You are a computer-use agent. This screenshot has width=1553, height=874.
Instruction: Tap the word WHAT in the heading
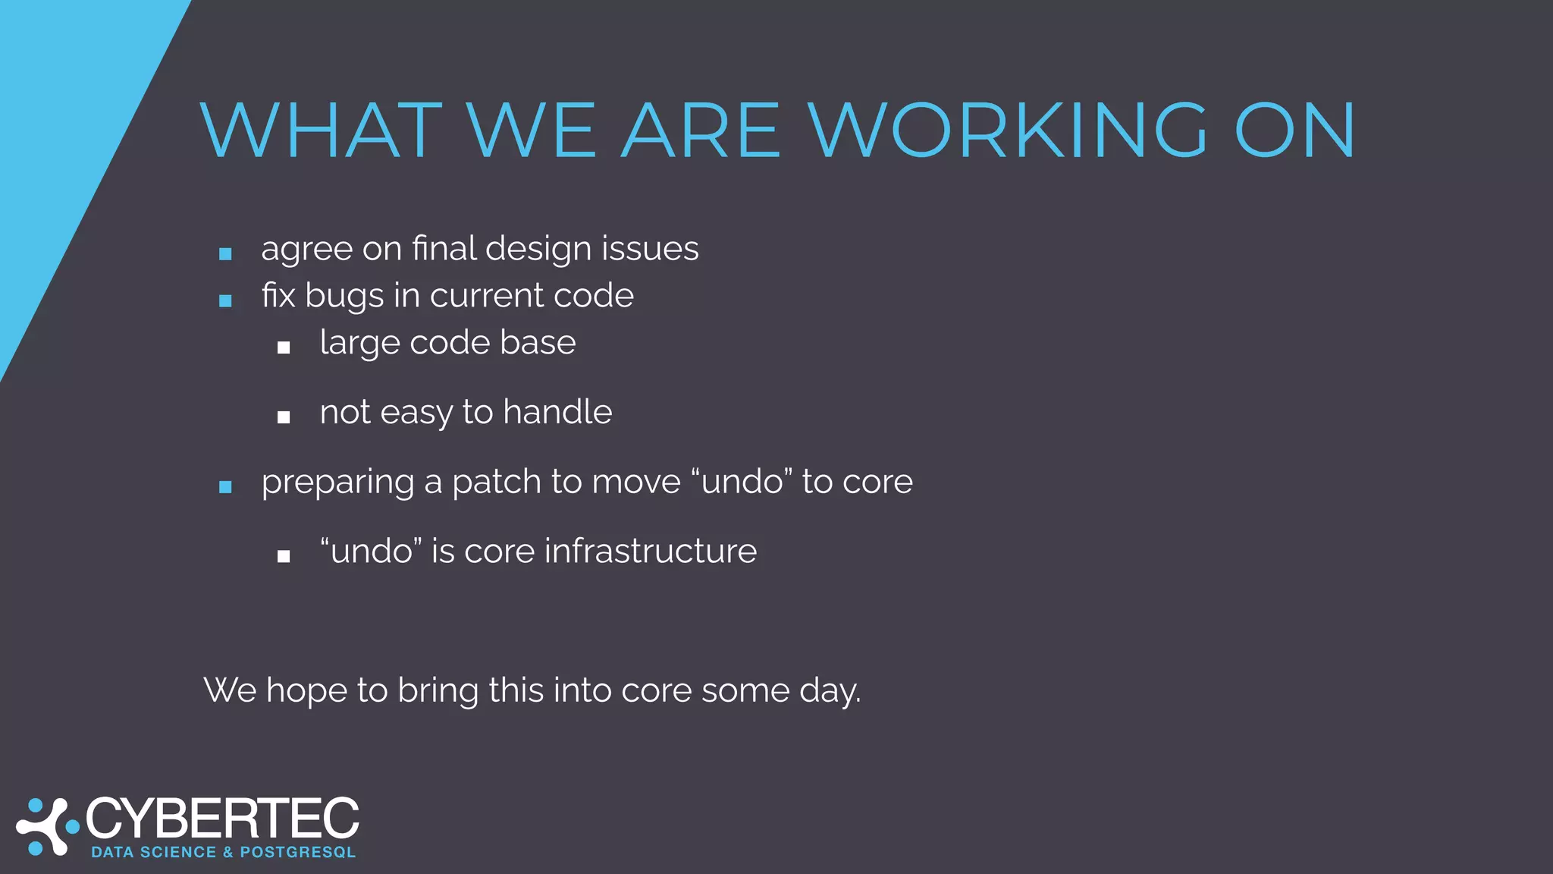pos(322,130)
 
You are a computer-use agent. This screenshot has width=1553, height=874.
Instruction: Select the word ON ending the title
pos(1295,130)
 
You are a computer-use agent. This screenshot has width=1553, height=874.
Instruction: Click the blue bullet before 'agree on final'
pos(225,253)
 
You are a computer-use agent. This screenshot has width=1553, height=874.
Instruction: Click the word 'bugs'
pos(344,297)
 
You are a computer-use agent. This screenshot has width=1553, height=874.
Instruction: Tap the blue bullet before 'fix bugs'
pos(225,300)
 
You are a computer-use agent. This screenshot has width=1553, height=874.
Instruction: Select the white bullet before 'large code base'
pos(284,347)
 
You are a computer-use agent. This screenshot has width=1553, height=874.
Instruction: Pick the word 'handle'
pos(557,412)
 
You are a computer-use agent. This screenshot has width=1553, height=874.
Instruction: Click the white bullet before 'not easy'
pos(284,417)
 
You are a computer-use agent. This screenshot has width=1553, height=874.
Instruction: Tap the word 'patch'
pos(497,482)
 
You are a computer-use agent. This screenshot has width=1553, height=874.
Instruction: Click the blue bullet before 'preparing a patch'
pos(225,486)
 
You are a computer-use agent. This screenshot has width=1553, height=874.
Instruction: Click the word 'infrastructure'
pos(650,551)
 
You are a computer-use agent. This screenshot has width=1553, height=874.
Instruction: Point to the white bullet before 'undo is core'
pos(284,556)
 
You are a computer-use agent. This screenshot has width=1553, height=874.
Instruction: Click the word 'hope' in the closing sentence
pos(306,691)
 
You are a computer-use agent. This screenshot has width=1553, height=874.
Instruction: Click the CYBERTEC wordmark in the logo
pos(222,819)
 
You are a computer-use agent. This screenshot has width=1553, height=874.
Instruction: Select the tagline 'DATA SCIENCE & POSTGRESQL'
pos(223,852)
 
